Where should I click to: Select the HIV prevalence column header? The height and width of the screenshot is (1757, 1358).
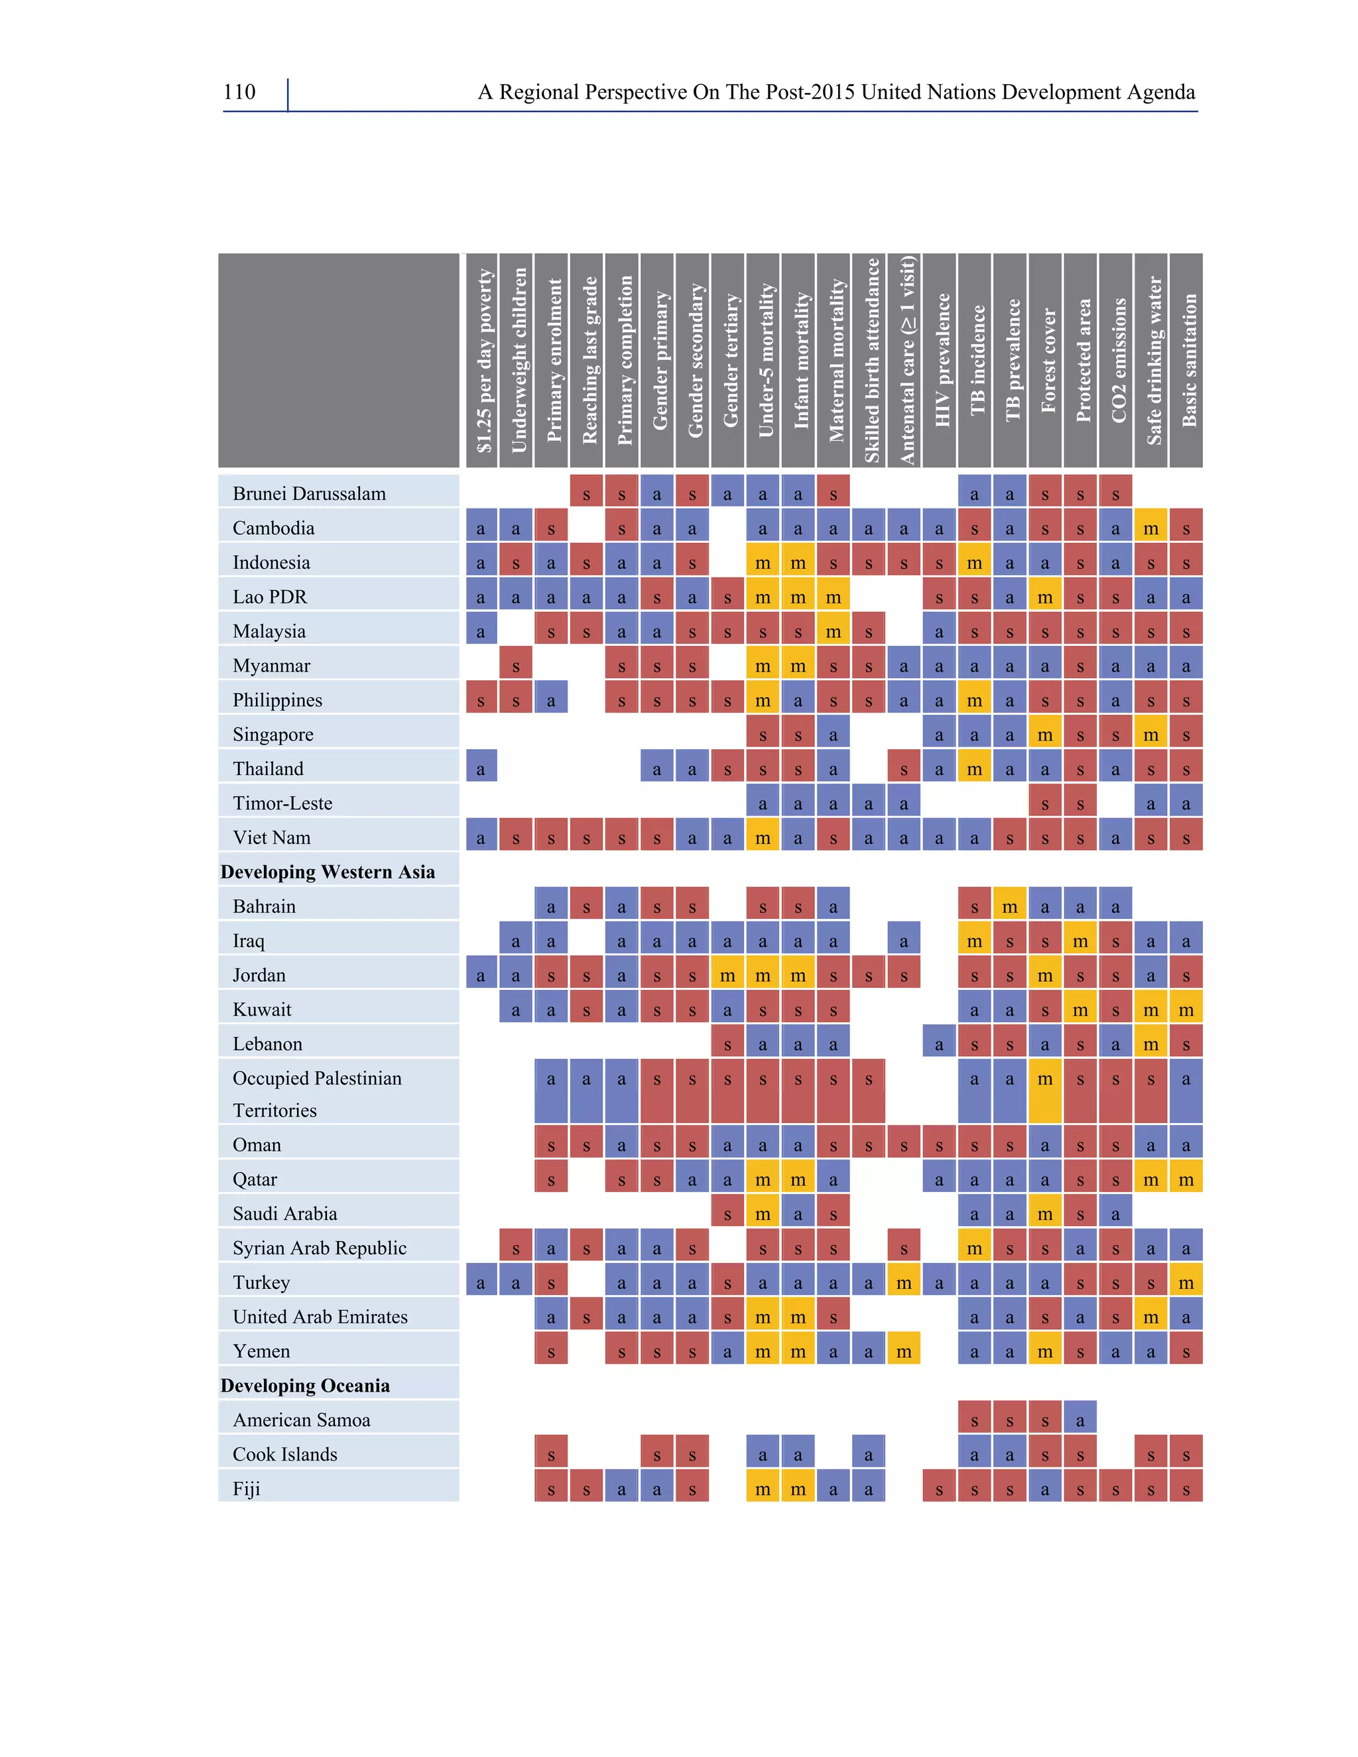point(940,361)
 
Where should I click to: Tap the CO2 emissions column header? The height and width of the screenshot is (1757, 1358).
point(1116,361)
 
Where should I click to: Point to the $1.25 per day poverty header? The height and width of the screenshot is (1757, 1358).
point(481,361)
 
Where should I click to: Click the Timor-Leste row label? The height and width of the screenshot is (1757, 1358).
point(282,803)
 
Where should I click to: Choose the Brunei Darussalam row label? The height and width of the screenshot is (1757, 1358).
point(309,493)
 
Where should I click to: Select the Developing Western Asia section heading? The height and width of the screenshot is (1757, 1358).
point(328,872)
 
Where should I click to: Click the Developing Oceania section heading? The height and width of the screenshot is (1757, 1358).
point(305,1385)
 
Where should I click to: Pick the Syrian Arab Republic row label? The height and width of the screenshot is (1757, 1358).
point(320,1248)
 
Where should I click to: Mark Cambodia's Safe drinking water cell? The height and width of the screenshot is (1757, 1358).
point(1150,527)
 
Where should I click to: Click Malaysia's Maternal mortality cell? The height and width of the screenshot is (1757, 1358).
point(833,631)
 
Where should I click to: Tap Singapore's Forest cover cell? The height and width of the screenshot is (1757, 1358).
point(1045,734)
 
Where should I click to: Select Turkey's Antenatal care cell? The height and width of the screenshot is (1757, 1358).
point(904,1282)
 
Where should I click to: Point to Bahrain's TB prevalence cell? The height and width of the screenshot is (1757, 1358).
point(1010,906)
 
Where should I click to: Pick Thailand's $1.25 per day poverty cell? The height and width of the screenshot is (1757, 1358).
point(481,768)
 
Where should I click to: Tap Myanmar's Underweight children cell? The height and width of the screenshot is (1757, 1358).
point(516,665)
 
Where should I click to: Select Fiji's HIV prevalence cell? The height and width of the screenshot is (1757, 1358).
point(940,1488)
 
